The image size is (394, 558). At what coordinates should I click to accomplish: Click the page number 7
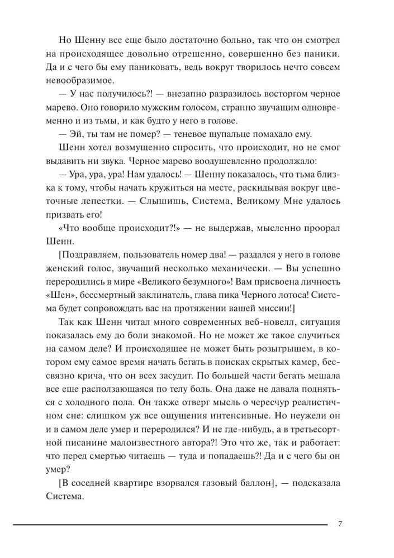[x=340, y=524]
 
